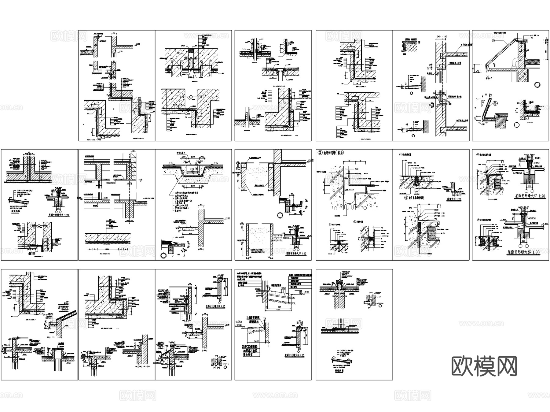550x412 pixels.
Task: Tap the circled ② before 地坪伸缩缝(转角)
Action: click(320, 152)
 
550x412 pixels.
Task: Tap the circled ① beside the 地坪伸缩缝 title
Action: click(401, 154)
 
